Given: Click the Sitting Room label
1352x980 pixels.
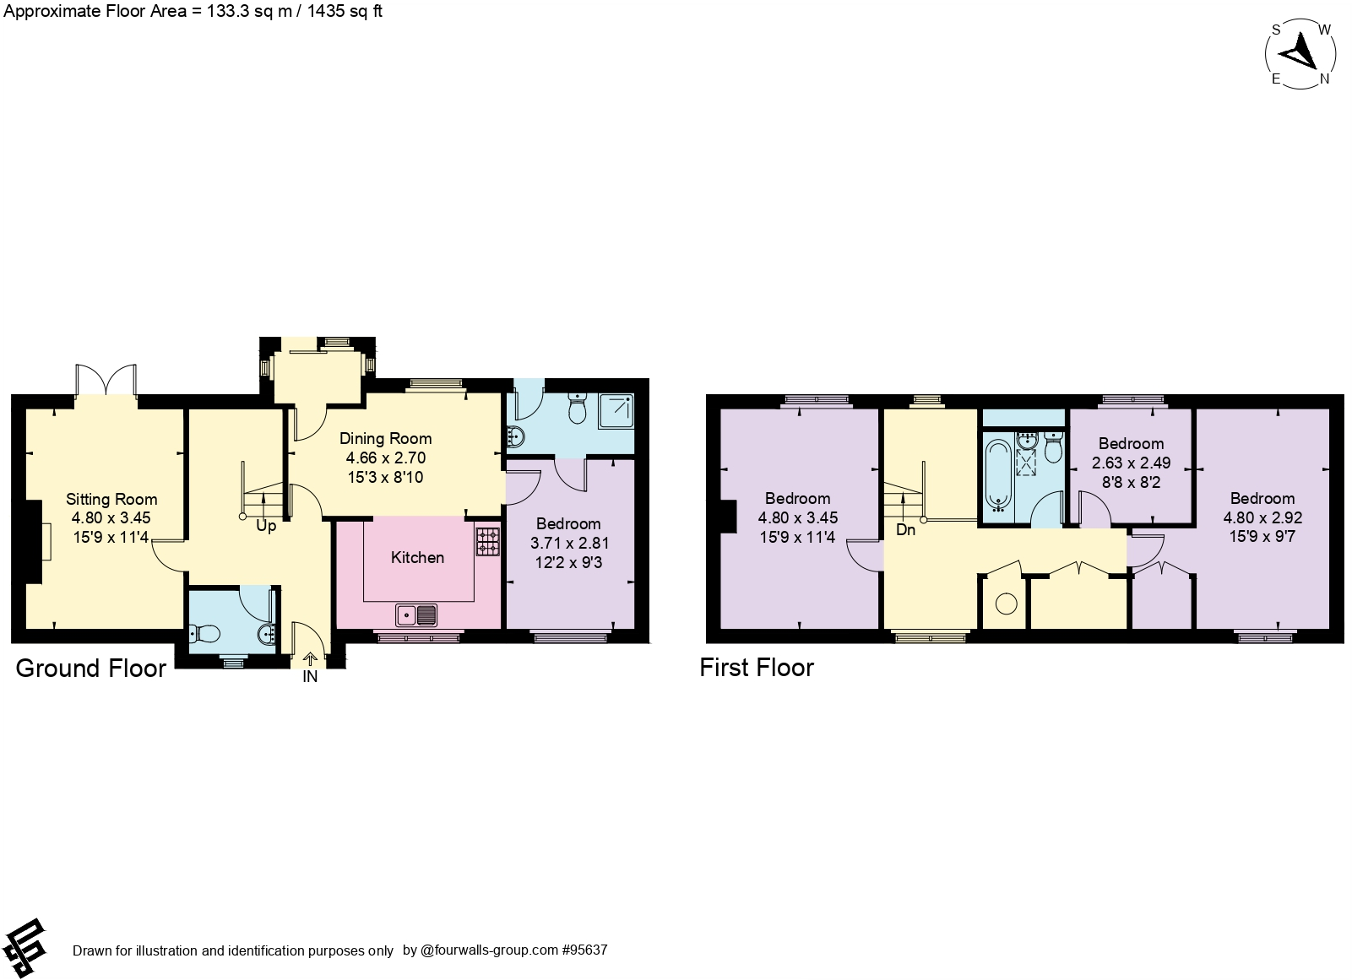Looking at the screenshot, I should pyautogui.click(x=111, y=499).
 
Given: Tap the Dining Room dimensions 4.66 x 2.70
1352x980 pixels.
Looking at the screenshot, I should pyautogui.click(x=385, y=458).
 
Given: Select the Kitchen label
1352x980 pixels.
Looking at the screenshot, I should pyautogui.click(x=417, y=557).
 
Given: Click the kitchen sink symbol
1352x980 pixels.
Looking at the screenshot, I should pyautogui.click(x=415, y=615).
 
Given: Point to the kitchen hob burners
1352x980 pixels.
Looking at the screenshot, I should pyautogui.click(x=487, y=541).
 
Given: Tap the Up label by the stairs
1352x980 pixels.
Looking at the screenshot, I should pyautogui.click(x=266, y=527).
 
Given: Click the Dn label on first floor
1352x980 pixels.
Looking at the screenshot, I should pyautogui.click(x=905, y=530).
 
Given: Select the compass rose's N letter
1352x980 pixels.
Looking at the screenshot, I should pyautogui.click(x=1324, y=79).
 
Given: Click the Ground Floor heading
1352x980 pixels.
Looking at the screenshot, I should pyautogui.click(x=91, y=669).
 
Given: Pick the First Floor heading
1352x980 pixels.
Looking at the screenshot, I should pyautogui.click(x=757, y=668).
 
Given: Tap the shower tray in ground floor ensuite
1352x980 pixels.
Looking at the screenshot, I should pyautogui.click(x=620, y=411).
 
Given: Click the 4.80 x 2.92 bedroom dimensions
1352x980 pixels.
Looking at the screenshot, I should pyautogui.click(x=1262, y=518).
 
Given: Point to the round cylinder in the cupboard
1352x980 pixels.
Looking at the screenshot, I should pyautogui.click(x=1006, y=604).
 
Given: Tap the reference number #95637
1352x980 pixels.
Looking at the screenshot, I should pyautogui.click(x=584, y=950).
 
